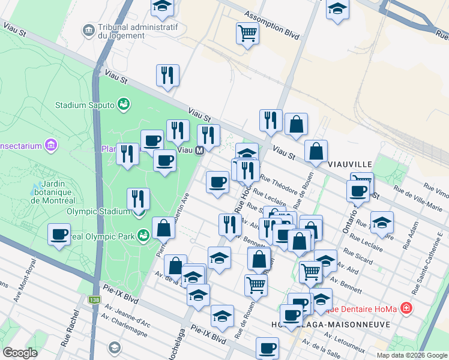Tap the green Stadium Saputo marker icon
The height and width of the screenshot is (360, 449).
pos(124,105)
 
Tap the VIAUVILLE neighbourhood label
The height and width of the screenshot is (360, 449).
pos(351,164)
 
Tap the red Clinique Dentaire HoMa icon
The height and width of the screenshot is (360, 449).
pos(407,308)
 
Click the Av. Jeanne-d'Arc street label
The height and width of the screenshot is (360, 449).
pos(128,310)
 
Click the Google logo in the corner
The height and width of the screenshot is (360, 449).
pos(20,353)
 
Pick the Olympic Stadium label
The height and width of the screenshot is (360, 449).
pos(98,211)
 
